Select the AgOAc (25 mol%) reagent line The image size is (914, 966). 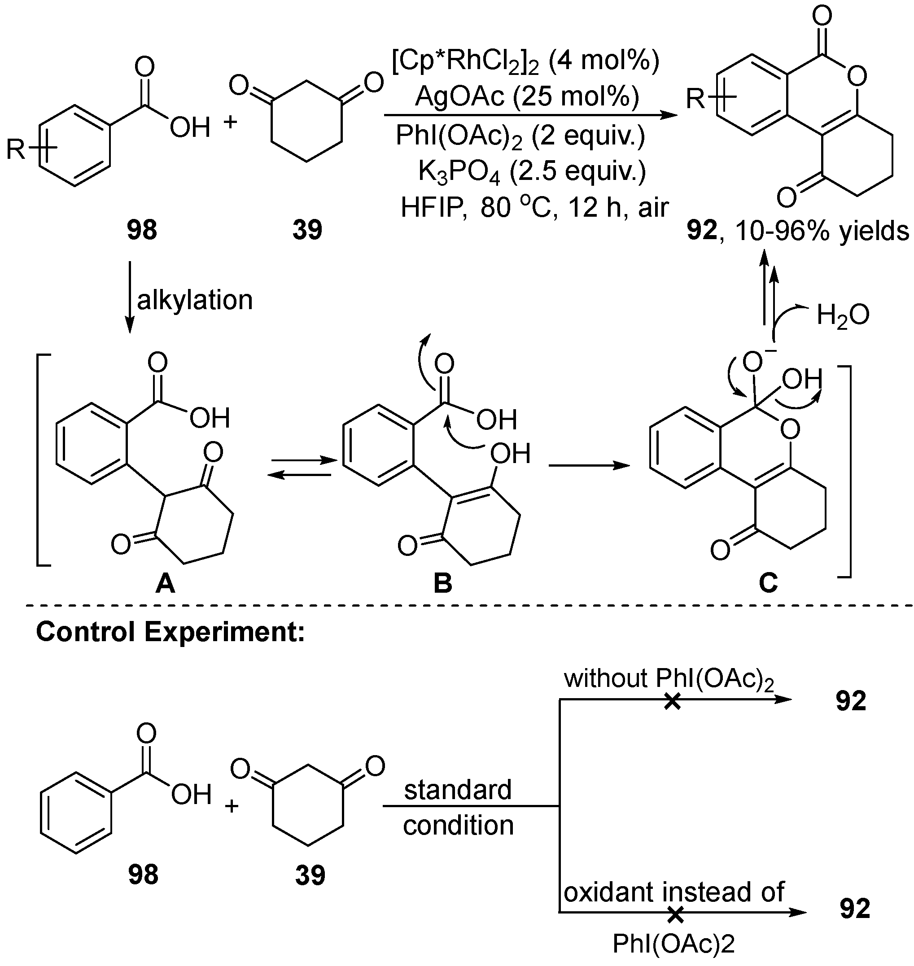tap(527, 97)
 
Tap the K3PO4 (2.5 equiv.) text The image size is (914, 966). tap(532, 171)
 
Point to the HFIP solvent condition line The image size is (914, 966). tap(534, 208)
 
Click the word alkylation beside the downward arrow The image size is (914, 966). tap(194, 300)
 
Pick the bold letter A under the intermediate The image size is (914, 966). tap(165, 583)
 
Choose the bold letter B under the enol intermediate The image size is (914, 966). tap(442, 583)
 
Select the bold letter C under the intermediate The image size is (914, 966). tap(768, 583)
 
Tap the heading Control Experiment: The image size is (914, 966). tap(170, 632)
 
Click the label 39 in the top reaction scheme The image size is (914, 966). tap(307, 229)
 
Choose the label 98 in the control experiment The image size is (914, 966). tap(143, 874)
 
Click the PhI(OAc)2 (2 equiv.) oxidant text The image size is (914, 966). tap(520, 136)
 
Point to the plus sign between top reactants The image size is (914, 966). tap(231, 122)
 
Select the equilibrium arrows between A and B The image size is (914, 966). tap(301, 467)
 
